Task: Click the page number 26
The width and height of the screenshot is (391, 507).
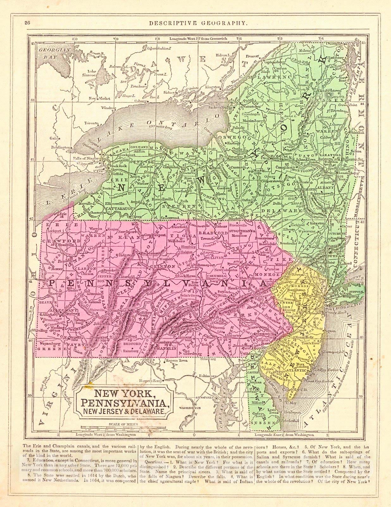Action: [x=27, y=23]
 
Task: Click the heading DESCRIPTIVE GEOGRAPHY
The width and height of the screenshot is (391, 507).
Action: [x=195, y=23]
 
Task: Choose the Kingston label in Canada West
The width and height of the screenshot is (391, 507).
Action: [x=213, y=87]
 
